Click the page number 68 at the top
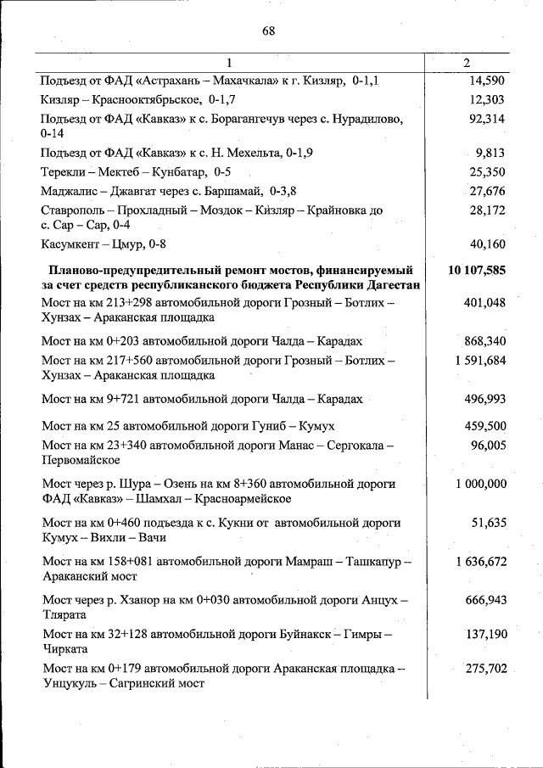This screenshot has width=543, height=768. (x=269, y=31)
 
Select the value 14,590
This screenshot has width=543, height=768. (x=486, y=81)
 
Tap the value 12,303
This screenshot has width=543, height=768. (x=486, y=100)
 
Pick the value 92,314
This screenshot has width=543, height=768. (x=486, y=119)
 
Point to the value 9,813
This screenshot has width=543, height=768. (x=490, y=154)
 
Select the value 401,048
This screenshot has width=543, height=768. (x=484, y=303)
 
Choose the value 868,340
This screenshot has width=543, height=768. (x=484, y=341)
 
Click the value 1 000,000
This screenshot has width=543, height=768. (x=480, y=484)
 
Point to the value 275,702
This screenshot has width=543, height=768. (x=485, y=670)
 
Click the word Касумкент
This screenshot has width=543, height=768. (x=71, y=245)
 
